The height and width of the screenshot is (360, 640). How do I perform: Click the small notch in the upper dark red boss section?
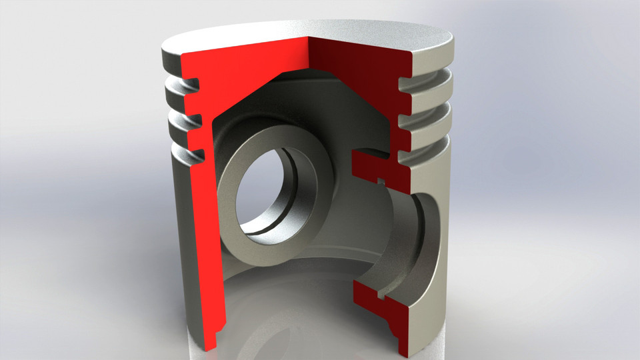point(381,179)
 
